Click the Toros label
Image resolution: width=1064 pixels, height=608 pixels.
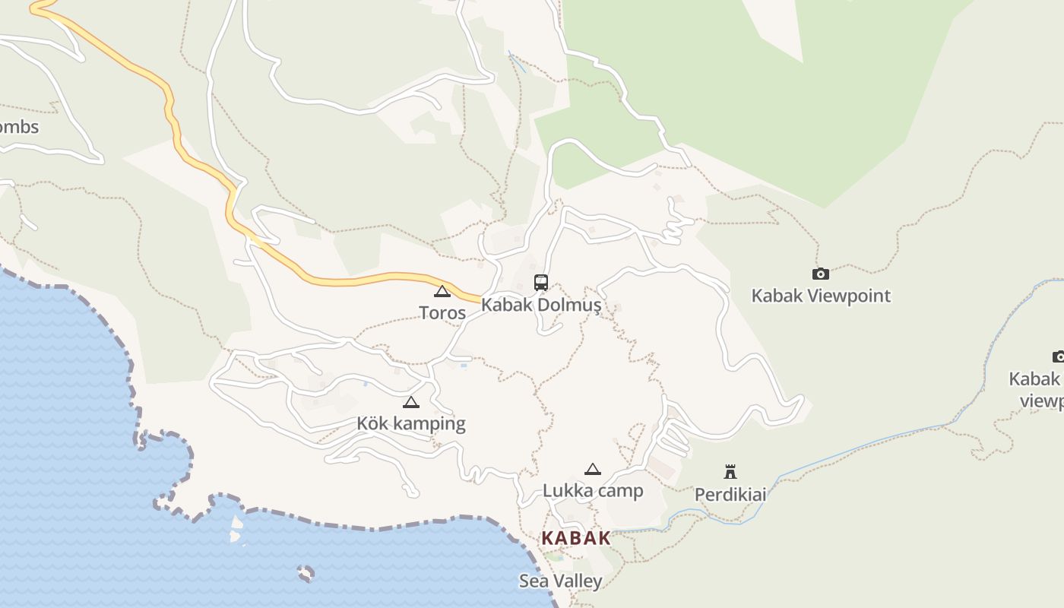[442, 312]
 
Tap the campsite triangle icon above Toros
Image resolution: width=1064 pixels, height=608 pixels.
[442, 291]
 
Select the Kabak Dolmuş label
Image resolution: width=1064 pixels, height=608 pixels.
[541, 306]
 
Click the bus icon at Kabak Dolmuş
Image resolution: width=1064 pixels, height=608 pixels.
[541, 283]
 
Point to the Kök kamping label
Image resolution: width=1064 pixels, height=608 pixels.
[410, 423]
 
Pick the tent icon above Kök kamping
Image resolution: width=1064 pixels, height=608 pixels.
[411, 402]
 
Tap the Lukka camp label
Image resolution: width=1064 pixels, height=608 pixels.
[593, 490]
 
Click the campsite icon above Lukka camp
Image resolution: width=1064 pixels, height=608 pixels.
[593, 469]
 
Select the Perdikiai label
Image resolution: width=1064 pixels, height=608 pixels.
[730, 495]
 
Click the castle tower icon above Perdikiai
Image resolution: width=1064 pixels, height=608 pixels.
[730, 472]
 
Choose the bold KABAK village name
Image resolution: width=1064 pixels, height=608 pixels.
[575, 538]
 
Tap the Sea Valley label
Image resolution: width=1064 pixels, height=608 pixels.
[561, 581]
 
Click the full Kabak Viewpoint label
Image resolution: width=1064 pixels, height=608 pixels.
[821, 296]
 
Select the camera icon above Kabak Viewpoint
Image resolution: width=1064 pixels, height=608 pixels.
[821, 274]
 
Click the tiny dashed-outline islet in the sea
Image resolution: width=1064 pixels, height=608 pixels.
[306, 573]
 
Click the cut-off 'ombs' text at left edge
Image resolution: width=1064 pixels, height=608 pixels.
[18, 127]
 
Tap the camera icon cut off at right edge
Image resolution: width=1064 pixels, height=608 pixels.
[1058, 356]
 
